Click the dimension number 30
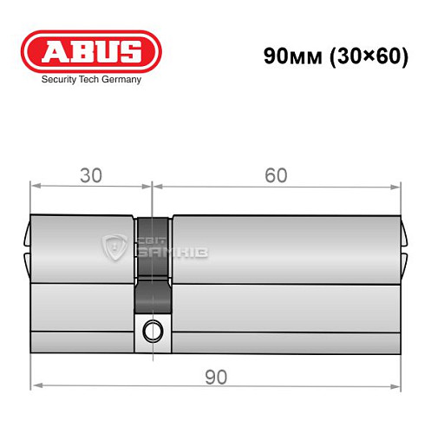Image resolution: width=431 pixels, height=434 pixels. point(90,174)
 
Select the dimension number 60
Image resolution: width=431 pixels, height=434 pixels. point(276,174)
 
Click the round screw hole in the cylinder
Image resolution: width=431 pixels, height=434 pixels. point(153,330)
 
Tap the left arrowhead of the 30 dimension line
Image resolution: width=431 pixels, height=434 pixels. point(35,186)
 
